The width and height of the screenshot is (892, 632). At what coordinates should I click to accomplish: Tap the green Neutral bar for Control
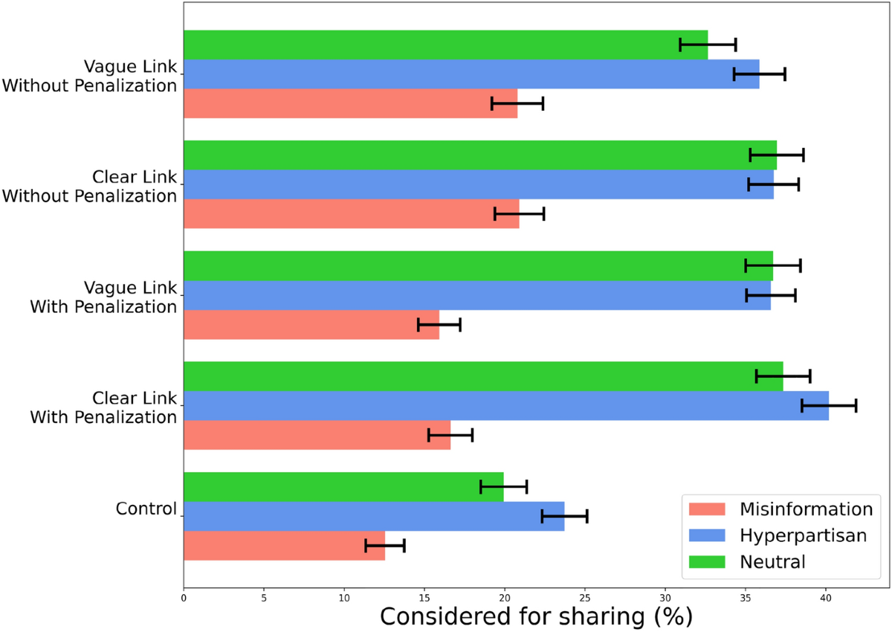pyautogui.click(x=343, y=486)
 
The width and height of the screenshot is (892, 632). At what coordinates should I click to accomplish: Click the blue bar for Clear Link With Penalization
pyautogui.click(x=505, y=405)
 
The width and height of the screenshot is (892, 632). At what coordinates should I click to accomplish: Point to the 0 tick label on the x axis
pyautogui.click(x=184, y=596)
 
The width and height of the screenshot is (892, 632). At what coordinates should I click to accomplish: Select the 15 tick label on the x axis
pyautogui.click(x=424, y=596)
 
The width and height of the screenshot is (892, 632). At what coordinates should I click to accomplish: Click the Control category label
pyautogui.click(x=146, y=509)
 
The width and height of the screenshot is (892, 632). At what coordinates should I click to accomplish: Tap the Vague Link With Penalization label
pyautogui.click(x=103, y=297)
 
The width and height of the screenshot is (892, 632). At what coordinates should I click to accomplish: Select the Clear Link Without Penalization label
pyautogui.click(x=89, y=187)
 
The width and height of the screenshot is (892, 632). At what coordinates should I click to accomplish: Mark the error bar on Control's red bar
pyautogui.click(x=385, y=546)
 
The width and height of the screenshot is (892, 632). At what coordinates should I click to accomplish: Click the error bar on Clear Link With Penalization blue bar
pyautogui.click(x=829, y=405)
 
